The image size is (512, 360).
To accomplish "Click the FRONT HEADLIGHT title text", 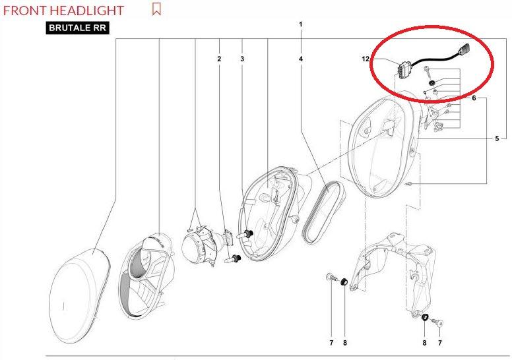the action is tap(63, 11).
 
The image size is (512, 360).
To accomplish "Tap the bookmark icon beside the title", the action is tap(156, 9).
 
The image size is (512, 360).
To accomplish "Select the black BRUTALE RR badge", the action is tap(77, 28).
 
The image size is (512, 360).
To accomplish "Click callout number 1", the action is tap(301, 24).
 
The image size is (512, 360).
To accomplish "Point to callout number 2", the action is tap(219, 59).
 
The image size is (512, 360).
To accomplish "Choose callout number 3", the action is tap(242, 59).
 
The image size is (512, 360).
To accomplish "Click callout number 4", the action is tap(301, 59).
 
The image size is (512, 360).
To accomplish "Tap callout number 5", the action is tap(497, 138).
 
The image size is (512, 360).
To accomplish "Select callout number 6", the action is tap(474, 98).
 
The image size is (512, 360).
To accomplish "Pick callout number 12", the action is tap(366, 59).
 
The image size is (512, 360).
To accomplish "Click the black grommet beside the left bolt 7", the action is tap(344, 282).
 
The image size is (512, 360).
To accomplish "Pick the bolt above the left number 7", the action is tap(331, 278).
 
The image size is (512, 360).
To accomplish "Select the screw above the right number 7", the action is tap(437, 323).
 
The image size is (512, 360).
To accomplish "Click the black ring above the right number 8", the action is tap(425, 317).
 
